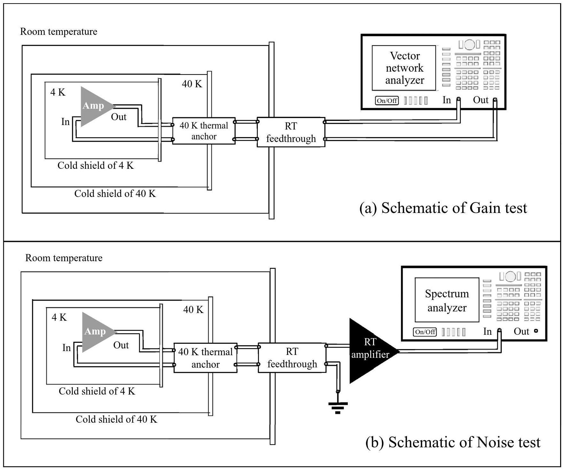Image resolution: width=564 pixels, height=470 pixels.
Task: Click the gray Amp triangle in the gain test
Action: (x=94, y=106)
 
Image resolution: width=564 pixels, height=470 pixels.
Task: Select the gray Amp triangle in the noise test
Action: (x=96, y=332)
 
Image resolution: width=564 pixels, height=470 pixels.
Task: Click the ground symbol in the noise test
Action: (x=338, y=407)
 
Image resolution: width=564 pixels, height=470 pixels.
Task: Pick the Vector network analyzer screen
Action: (x=404, y=68)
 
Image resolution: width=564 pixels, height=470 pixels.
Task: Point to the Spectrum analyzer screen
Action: (x=447, y=300)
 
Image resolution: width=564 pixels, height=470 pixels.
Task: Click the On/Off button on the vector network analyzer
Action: (x=387, y=101)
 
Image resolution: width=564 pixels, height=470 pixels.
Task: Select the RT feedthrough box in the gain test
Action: (x=291, y=132)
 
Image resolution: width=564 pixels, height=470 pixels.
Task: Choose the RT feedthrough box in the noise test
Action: (x=292, y=358)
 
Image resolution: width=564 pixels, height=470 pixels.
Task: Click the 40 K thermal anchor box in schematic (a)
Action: (x=204, y=131)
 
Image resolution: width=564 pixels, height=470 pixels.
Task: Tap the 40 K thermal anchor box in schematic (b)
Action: (x=205, y=358)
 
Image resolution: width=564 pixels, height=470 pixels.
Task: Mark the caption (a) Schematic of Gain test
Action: (x=443, y=208)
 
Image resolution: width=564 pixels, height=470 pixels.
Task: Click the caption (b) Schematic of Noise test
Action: (x=453, y=442)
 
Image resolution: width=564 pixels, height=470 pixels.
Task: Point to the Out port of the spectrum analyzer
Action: (x=536, y=331)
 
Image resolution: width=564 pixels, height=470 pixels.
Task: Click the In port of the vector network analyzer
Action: (x=458, y=99)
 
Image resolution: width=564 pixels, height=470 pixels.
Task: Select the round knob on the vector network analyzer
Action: (x=469, y=45)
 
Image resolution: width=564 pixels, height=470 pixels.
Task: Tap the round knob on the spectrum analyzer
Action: (x=510, y=276)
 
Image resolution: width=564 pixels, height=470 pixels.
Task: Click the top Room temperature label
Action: (x=59, y=32)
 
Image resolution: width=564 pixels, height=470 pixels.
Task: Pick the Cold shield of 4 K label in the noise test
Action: (x=97, y=391)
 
